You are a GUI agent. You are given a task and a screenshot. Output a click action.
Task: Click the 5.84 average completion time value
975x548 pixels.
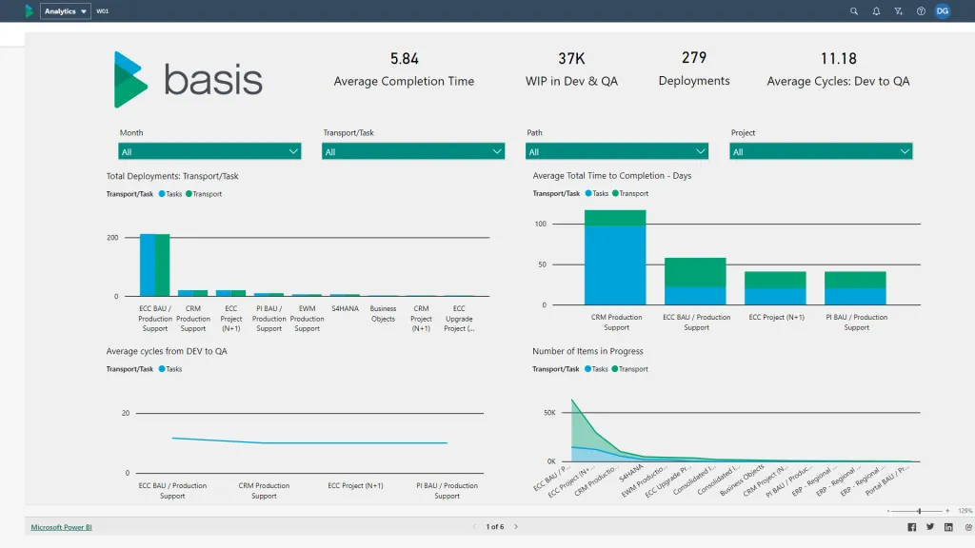(404, 59)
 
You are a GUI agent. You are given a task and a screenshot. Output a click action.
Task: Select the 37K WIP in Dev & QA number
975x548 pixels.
(571, 59)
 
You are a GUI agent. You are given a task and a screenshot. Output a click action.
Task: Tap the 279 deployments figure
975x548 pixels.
(694, 59)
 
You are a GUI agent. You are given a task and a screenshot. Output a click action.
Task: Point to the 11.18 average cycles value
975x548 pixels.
(838, 59)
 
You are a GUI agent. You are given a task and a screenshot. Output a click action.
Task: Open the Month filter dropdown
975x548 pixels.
(209, 151)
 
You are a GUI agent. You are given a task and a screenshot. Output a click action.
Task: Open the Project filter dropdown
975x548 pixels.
(821, 151)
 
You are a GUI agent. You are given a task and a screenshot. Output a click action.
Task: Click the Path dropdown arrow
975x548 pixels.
(701, 151)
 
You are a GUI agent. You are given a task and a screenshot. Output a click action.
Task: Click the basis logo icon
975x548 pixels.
(129, 80)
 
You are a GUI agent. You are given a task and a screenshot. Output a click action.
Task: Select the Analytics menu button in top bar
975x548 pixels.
(66, 11)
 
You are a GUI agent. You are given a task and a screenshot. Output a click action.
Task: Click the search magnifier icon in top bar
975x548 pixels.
(854, 11)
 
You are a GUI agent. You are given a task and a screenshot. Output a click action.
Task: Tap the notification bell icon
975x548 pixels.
(876, 11)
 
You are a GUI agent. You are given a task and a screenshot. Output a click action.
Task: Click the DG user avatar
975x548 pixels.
(942, 11)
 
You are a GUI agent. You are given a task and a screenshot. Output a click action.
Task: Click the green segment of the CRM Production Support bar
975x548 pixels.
(615, 218)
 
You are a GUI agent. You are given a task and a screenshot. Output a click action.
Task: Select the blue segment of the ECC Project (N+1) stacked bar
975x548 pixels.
(775, 296)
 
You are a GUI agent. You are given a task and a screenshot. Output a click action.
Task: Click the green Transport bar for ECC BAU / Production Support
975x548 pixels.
(163, 265)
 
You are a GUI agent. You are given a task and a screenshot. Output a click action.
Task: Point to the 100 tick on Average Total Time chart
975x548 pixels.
(541, 225)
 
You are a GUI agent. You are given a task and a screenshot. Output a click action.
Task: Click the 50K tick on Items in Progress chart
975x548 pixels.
(549, 413)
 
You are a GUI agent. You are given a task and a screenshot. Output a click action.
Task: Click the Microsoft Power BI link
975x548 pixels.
(61, 526)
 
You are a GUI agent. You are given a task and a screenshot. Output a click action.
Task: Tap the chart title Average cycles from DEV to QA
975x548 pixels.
(167, 351)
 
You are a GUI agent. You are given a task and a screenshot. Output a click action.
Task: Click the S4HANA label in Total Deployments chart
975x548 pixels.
(345, 308)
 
